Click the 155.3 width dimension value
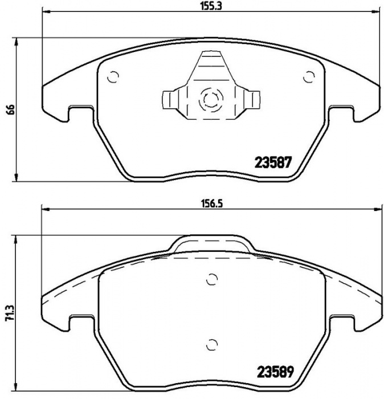[x=211, y=6]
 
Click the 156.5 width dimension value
[x=212, y=203]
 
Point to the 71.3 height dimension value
[x=10, y=315]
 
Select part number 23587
[x=272, y=162]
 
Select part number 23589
[x=276, y=372]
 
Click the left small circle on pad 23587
[x=113, y=77]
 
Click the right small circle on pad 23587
[x=309, y=77]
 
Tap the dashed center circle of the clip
[x=211, y=100]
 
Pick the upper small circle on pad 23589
[x=212, y=280]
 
